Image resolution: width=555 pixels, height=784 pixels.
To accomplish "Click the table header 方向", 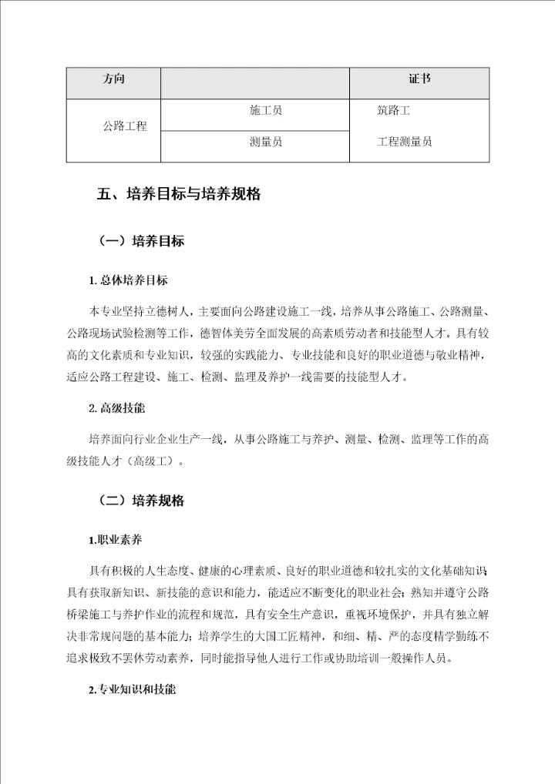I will pyautogui.click(x=113, y=79).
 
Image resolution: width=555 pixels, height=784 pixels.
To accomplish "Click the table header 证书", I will pyautogui.click(x=419, y=79).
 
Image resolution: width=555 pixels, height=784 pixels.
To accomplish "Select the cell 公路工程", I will pyautogui.click(x=124, y=126).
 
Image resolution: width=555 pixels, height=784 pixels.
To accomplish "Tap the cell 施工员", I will pyautogui.click(x=266, y=111).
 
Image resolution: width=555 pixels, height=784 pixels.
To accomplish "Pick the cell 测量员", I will pyautogui.click(x=266, y=142).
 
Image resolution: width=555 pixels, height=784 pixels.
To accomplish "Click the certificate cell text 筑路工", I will pyautogui.click(x=393, y=111).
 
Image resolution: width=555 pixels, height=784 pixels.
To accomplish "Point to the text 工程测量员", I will pyautogui.click(x=404, y=142).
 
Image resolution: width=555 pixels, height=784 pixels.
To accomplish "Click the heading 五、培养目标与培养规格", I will pyautogui.click(x=178, y=195).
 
